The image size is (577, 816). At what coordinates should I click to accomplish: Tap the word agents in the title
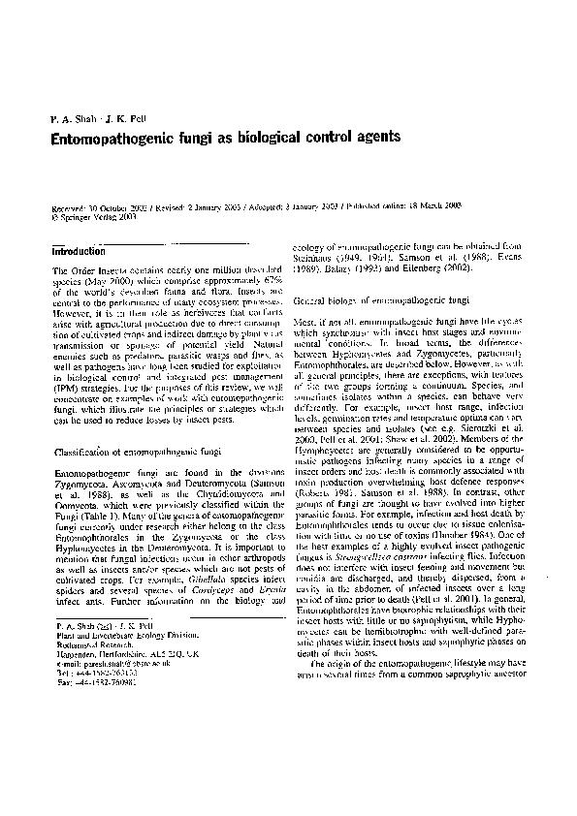(374, 139)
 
